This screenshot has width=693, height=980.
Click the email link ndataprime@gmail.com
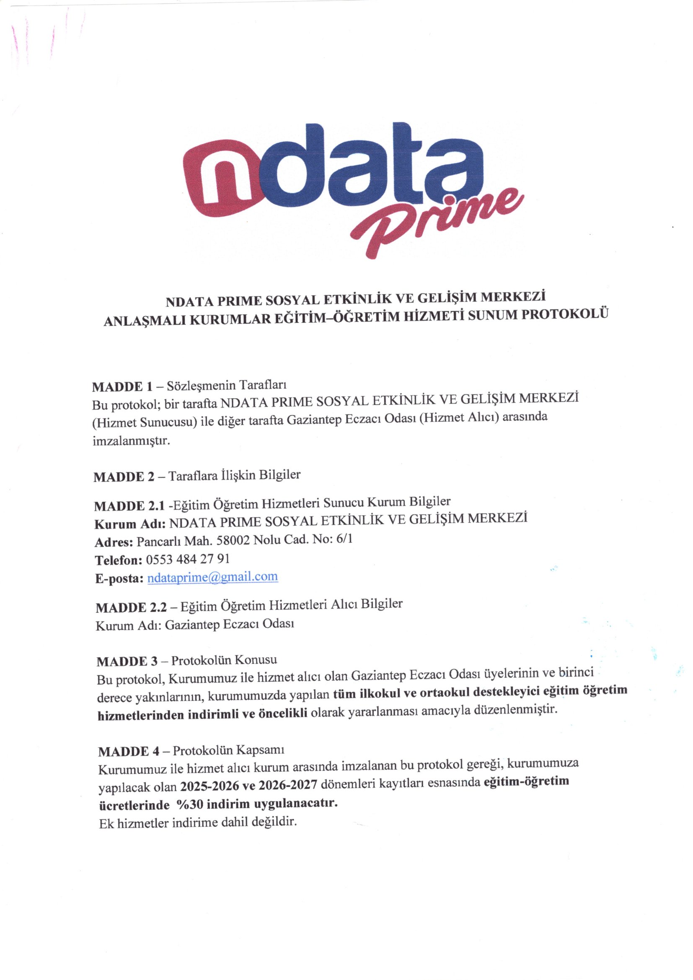(212, 578)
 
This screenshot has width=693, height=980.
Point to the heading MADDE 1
(122, 387)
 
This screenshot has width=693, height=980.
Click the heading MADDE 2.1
(129, 506)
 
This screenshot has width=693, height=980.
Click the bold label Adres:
(114, 542)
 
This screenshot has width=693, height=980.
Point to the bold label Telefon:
(118, 560)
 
